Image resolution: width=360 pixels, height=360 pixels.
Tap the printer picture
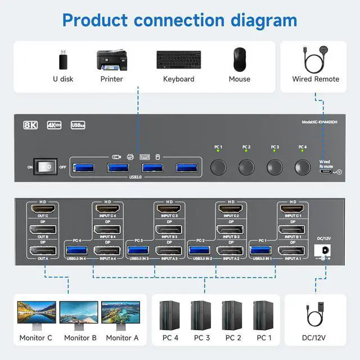point(111,60)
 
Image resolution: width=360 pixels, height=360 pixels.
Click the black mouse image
point(240,59)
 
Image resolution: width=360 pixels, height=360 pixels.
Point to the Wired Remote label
point(316,79)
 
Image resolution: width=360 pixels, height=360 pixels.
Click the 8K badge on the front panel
point(30,125)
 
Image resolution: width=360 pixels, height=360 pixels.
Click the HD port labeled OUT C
point(43,209)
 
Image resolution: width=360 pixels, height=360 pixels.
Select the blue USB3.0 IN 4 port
point(75,249)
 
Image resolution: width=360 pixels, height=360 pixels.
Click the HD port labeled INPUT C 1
point(292,209)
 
